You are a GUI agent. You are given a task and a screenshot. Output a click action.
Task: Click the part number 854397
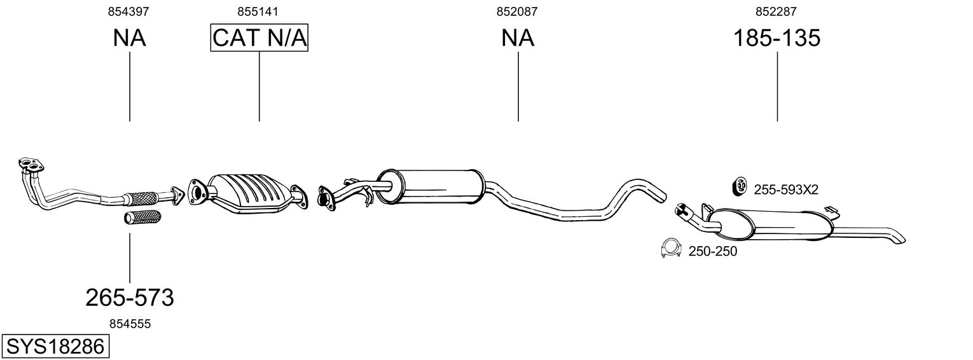(128, 11)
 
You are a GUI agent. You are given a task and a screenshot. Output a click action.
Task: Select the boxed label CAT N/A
(259, 38)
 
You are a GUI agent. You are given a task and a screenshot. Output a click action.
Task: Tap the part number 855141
(258, 11)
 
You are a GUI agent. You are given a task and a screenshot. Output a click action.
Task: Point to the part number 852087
(517, 11)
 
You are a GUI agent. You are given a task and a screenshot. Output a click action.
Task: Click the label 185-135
(776, 38)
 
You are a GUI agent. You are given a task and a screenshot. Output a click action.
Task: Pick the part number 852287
(776, 11)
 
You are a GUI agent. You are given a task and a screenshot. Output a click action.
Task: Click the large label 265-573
(130, 298)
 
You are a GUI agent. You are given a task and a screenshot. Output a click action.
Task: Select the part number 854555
(130, 324)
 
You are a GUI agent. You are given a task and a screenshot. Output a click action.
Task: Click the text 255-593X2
(786, 190)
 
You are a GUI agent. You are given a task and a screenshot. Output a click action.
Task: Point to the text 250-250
(713, 251)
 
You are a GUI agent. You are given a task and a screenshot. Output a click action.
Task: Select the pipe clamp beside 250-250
(670, 249)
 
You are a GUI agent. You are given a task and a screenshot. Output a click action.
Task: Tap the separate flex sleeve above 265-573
(142, 217)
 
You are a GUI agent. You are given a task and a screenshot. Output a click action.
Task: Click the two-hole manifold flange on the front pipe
(31, 164)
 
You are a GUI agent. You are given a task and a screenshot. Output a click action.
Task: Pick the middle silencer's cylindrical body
(430, 186)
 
